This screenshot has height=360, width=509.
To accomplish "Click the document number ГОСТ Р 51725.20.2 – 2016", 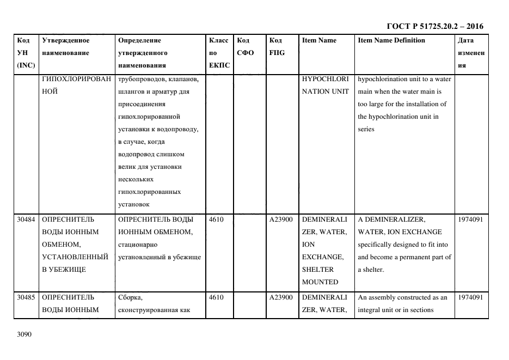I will click(434, 26).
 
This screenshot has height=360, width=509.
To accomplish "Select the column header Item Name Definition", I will click(391, 40).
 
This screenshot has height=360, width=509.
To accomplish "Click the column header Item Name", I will click(319, 40).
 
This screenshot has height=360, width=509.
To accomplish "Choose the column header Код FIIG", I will click(277, 47).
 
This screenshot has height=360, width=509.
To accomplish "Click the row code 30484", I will click(26, 219).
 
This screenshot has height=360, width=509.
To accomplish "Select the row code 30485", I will click(26, 297).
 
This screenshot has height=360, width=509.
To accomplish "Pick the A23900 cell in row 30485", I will click(281, 297).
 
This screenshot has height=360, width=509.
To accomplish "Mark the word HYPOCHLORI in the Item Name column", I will click(325, 79).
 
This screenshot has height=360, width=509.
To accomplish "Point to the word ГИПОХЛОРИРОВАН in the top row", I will click(76, 79).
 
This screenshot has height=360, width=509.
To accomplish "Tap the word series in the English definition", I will click(366, 129).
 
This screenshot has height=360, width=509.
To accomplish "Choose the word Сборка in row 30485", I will click(130, 297).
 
